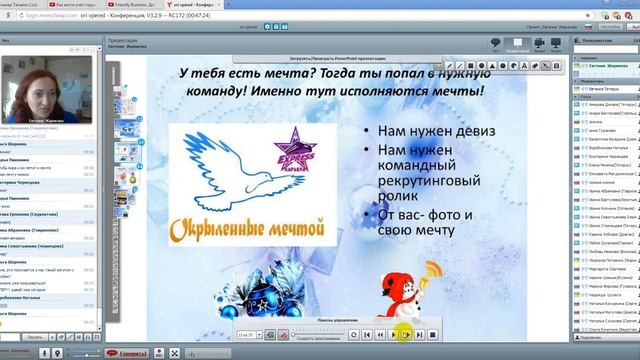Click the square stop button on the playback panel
[433, 334]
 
